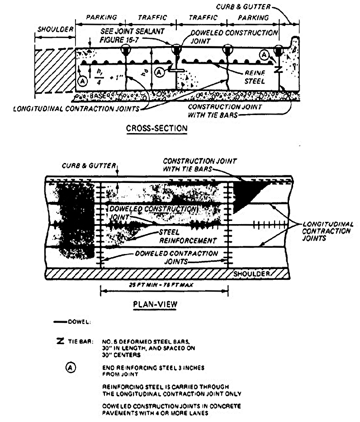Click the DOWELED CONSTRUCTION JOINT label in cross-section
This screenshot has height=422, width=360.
(234, 37)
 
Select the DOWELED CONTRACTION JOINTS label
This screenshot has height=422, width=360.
(176, 258)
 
